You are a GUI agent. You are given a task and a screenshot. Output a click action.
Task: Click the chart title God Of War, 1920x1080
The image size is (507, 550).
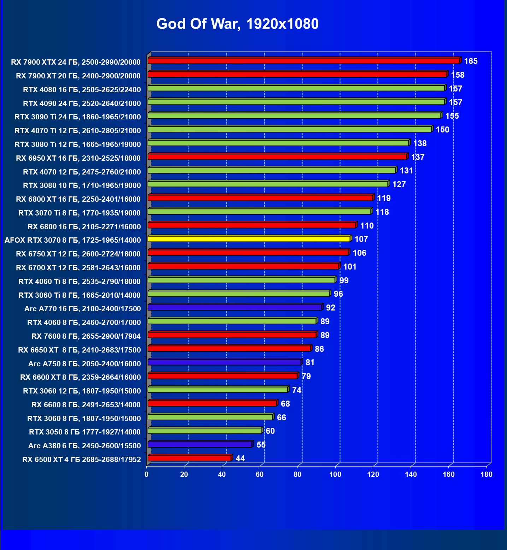(x=237, y=24)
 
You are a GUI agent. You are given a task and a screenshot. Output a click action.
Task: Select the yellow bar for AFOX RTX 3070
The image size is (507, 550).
(x=249, y=239)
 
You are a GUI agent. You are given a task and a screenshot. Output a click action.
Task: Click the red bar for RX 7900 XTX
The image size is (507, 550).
(x=303, y=61)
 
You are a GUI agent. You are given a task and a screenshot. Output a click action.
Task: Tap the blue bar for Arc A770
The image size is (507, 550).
(x=235, y=307)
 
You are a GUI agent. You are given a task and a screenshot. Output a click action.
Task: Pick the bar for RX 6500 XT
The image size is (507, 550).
(x=189, y=458)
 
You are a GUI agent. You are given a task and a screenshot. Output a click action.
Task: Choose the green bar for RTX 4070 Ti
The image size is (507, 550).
(x=289, y=129)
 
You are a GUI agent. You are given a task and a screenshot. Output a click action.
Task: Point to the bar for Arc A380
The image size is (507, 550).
(x=200, y=444)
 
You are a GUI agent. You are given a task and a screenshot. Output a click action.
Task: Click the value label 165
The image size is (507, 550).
(x=471, y=61)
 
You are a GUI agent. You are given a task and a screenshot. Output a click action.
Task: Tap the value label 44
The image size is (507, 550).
(x=240, y=459)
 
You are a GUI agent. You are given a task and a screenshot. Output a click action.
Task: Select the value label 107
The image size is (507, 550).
(x=361, y=239)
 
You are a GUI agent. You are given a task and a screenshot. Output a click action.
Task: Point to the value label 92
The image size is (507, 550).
(x=330, y=308)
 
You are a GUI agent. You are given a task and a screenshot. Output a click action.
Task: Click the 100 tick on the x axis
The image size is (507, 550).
(x=335, y=474)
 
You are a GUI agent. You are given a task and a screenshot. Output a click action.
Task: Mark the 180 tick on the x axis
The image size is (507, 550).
(x=487, y=474)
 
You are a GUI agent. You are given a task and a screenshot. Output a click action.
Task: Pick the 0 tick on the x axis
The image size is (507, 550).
(x=147, y=474)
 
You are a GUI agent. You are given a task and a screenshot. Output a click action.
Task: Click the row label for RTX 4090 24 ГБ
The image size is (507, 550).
(x=82, y=103)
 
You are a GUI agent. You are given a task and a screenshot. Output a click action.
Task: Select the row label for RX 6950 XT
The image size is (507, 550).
(x=78, y=158)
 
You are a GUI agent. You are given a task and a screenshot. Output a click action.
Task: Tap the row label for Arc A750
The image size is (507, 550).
(x=84, y=363)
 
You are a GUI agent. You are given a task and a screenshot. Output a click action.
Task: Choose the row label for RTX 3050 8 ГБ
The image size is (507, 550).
(x=85, y=432)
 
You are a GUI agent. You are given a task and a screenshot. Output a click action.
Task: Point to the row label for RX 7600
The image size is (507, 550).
(x=86, y=336)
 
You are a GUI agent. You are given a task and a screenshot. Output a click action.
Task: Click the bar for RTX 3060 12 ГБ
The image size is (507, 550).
(x=218, y=390)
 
